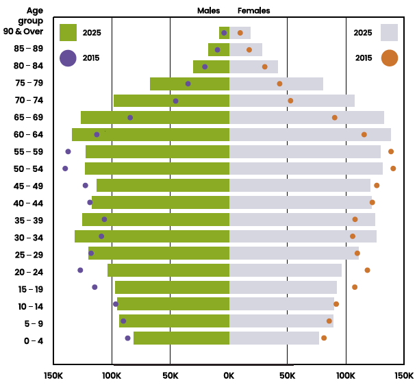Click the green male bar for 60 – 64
pos(151,134)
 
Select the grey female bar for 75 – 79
pos(276,84)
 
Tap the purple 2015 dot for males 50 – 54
pos(65,169)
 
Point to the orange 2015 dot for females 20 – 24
pos(367,270)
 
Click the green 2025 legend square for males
pos(68,32)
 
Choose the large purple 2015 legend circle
pos(68,58)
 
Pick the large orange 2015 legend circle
pos(389,58)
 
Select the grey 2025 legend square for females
pos(389,32)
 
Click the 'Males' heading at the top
pos(209,11)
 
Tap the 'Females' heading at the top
pos(253,11)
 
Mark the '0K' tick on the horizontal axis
pos(229,375)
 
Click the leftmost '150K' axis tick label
pos(53,375)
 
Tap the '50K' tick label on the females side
pos(288,375)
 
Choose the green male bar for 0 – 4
pos(181,338)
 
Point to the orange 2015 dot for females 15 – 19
pos(355,287)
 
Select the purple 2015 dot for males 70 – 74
pos(176,101)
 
